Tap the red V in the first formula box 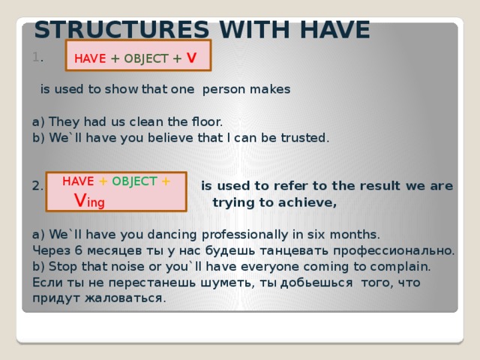(192, 58)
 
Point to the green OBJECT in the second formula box (134, 181)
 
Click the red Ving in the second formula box (89, 200)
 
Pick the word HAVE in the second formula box (78, 181)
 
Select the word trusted (304, 137)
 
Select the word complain (402, 265)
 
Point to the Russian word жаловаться (128, 298)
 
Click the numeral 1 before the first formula (36, 58)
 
